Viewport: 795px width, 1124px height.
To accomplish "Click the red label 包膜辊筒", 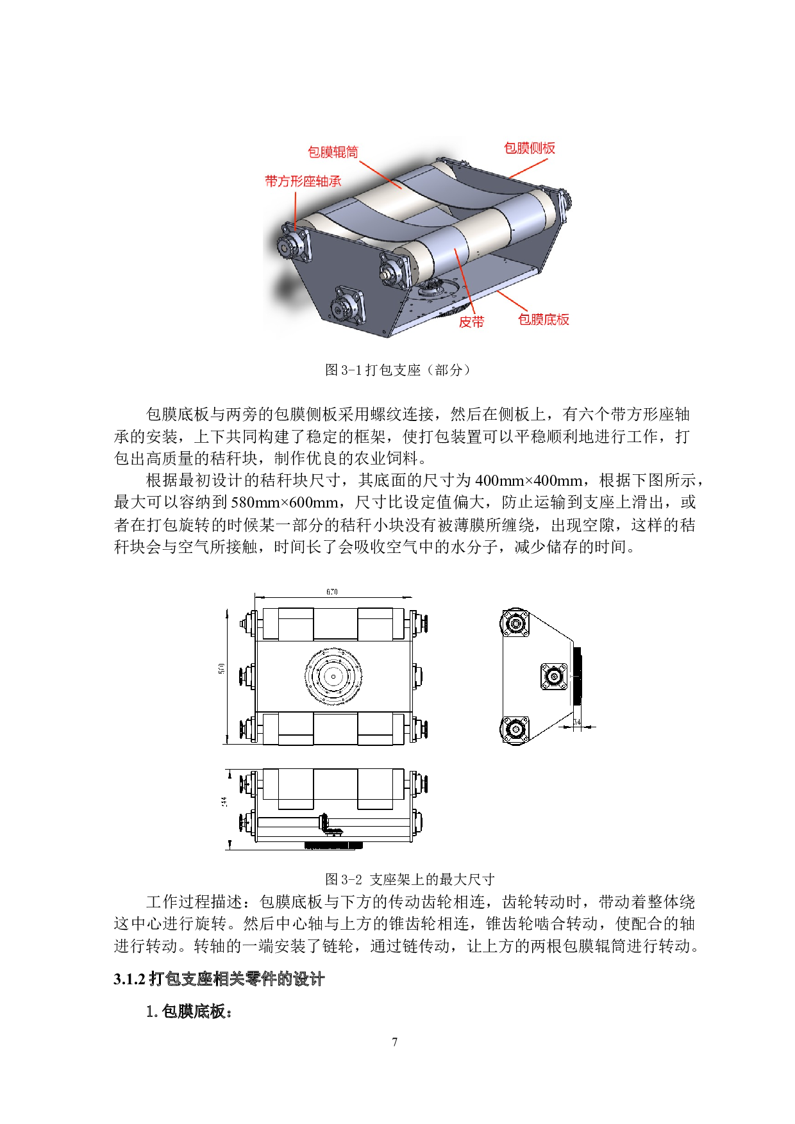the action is tap(333, 152).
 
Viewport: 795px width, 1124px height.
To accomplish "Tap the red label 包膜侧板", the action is tap(530, 148).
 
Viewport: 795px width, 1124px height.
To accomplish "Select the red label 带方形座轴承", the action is tap(303, 181).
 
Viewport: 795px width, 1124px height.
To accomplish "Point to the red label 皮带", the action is tap(471, 322).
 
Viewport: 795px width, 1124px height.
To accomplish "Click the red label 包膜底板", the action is tap(544, 319).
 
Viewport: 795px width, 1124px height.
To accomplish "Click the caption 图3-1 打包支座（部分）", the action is tap(397, 370).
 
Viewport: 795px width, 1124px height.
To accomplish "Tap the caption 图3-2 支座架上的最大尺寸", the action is tap(410, 879).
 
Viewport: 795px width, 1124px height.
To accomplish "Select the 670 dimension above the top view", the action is tap(331, 591).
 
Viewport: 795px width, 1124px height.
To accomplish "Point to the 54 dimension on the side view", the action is tap(577, 722).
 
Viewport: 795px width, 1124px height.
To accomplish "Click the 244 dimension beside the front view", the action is tap(224, 801).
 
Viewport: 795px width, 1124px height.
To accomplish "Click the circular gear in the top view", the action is tap(333, 676).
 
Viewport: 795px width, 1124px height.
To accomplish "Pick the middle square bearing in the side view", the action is tap(554, 676).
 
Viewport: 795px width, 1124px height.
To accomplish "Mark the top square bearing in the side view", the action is tap(515, 623).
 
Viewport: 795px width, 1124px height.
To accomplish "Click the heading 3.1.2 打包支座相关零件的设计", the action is tap(219, 979).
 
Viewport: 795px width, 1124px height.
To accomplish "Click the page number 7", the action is tap(394, 1042).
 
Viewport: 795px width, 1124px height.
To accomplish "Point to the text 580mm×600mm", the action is tap(284, 502).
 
